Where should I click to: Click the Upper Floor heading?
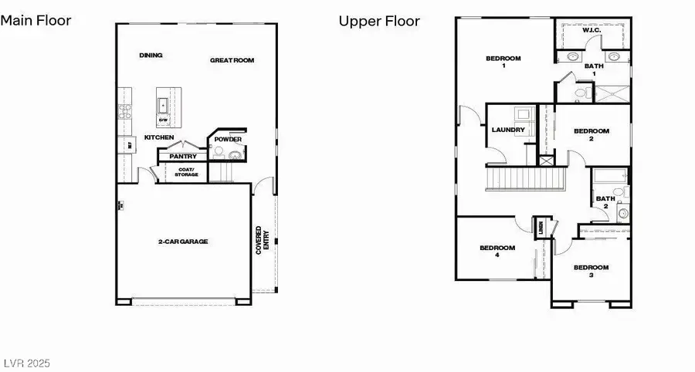[379, 21]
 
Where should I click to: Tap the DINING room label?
[151, 56]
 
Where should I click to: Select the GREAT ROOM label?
[232, 60]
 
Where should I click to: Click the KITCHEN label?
[159, 138]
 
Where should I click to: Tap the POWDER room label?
[229, 140]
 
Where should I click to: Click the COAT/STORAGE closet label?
[187, 172]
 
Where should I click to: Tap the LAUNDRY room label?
[508, 130]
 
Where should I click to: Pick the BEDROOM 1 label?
[503, 62]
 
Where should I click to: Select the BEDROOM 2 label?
[592, 135]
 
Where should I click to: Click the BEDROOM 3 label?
[591, 271]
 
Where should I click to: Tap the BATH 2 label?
[605, 202]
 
